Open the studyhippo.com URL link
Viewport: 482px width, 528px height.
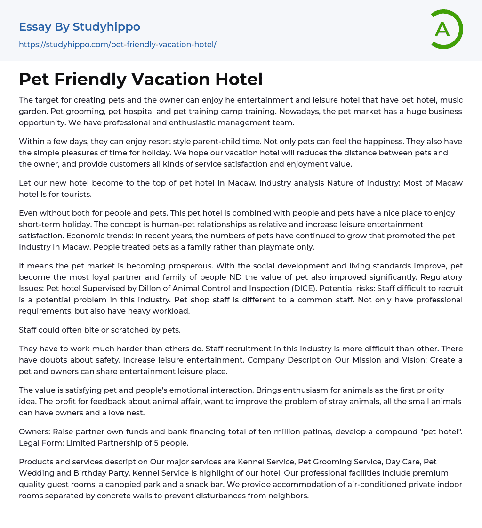118,45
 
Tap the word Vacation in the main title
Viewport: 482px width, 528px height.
172,79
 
